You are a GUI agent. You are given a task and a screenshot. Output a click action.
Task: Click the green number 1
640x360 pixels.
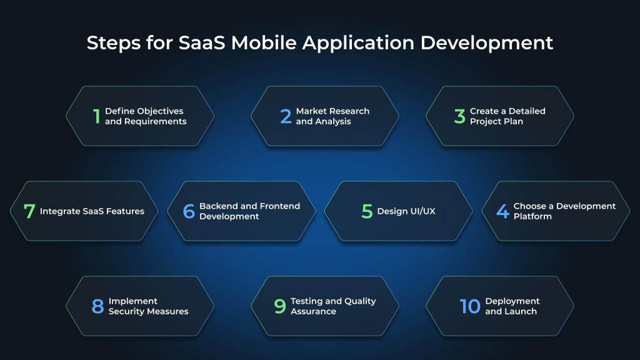coord(96,116)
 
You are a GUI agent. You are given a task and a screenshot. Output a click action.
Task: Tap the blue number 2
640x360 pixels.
coord(286,116)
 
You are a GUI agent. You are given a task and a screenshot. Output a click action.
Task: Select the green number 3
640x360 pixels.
coord(460,116)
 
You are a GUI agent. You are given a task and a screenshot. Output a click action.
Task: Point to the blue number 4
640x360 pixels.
coord(502,211)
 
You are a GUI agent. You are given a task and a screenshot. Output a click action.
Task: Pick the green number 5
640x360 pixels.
coord(367,211)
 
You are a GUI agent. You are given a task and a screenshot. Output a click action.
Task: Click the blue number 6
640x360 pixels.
coord(189,211)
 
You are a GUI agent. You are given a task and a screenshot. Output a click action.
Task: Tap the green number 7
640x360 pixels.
coord(29,211)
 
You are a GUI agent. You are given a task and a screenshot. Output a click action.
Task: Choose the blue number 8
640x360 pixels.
coord(97,306)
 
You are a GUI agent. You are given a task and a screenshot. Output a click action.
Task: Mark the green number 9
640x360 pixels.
coord(280,306)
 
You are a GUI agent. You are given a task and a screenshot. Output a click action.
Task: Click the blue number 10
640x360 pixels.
coord(470,306)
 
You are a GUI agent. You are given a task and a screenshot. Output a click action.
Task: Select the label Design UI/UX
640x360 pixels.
coord(406,211)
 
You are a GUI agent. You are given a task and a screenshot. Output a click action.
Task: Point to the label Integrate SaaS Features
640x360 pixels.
coord(92,211)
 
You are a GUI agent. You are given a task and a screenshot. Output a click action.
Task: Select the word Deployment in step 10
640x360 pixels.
coord(512,301)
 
